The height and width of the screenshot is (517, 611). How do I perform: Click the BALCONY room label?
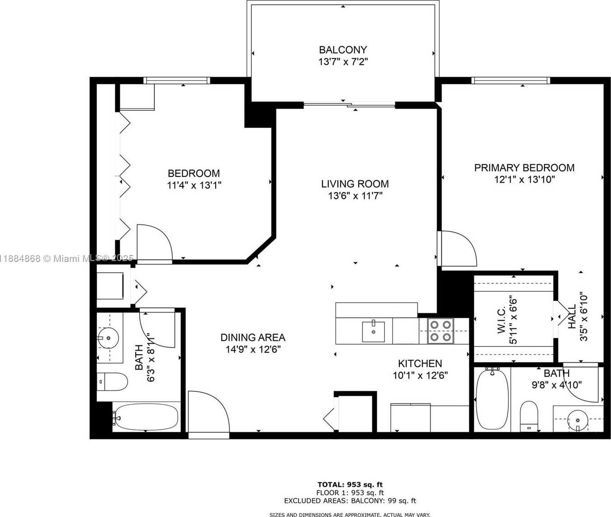(343, 50)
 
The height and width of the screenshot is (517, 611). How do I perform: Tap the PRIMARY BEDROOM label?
(524, 168)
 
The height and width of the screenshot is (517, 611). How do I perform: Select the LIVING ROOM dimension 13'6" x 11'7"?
(355, 196)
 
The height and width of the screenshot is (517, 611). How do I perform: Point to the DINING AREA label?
(253, 337)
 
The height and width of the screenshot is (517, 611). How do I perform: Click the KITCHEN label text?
(420, 363)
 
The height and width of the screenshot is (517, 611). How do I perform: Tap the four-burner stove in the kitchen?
(440, 331)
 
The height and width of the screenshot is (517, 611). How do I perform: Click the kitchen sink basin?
(374, 332)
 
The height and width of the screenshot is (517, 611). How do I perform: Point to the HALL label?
(572, 317)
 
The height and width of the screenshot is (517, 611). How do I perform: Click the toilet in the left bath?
(112, 382)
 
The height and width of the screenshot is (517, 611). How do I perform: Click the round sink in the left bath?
(108, 337)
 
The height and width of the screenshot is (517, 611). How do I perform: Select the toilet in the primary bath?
(529, 416)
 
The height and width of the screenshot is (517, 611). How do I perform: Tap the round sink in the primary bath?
(578, 420)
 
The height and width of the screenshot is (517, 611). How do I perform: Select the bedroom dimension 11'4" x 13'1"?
(194, 185)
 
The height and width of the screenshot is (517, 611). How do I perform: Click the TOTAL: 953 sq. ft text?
(350, 484)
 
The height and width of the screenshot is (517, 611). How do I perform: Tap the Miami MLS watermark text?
(66, 258)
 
